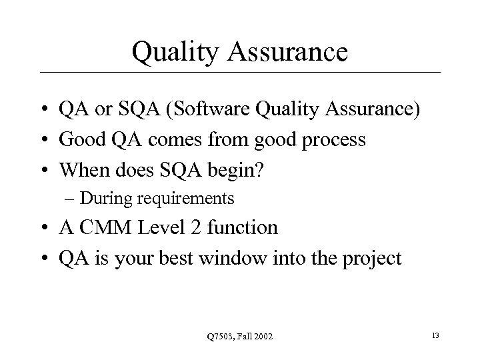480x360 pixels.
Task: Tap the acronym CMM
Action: click(107, 228)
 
